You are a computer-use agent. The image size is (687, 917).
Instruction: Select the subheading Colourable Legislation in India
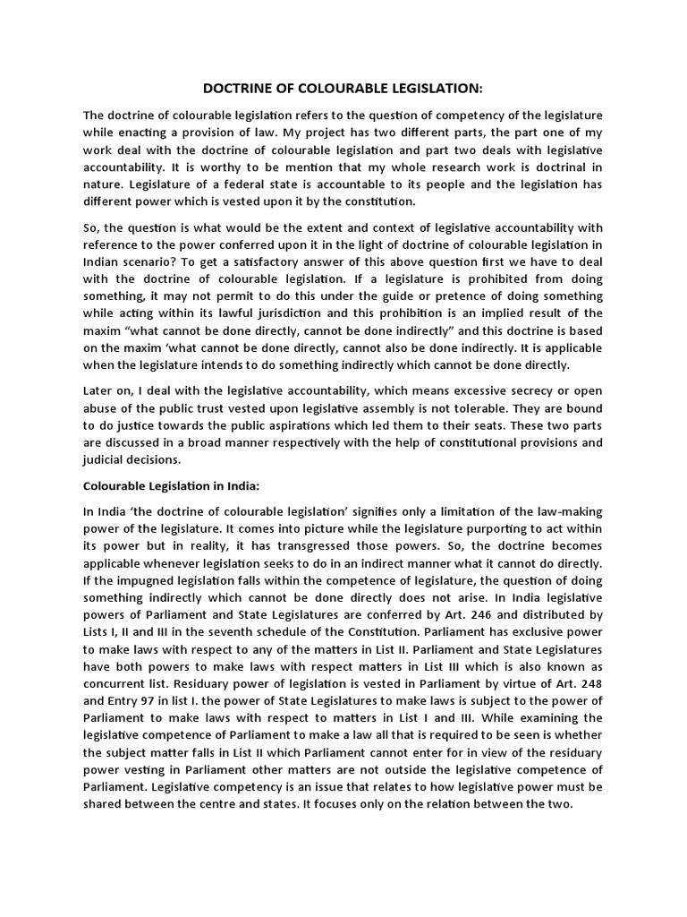(171, 485)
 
